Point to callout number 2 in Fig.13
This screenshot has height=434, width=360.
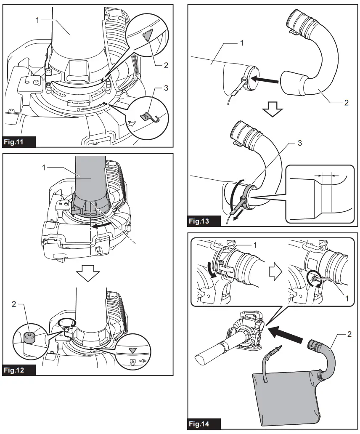(346, 102)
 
